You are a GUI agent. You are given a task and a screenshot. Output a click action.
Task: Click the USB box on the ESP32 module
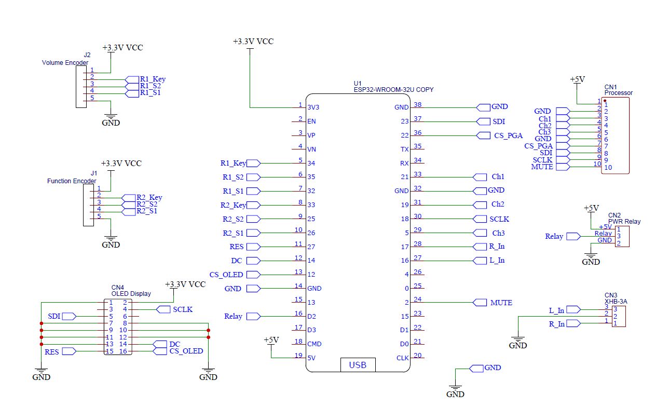coord(358,365)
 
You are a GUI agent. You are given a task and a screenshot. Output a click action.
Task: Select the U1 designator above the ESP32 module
coord(358,84)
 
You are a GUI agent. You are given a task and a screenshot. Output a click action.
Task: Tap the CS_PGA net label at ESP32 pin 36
coord(508,135)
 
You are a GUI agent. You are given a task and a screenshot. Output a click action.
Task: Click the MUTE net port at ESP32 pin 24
coord(480,303)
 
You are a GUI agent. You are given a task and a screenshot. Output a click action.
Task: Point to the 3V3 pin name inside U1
coord(313,107)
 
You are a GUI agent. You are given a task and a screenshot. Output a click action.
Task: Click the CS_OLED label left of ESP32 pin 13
coord(226,275)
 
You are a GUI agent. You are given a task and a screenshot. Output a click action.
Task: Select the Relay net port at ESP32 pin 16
coord(254,316)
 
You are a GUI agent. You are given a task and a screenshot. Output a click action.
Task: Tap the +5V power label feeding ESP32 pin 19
coord(271,340)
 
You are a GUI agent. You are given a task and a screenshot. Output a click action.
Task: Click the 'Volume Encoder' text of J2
coord(65,63)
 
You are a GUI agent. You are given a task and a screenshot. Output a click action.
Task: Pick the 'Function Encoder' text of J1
coord(72,181)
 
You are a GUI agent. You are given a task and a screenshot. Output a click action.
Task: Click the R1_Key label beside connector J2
coord(153,79)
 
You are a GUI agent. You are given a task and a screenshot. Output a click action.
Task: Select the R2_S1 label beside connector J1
coord(147,211)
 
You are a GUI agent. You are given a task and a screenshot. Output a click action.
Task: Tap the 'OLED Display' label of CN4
coord(131,294)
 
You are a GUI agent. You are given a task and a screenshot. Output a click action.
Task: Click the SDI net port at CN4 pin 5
coord(70,316)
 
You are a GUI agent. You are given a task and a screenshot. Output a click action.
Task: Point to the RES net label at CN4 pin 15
coord(52,352)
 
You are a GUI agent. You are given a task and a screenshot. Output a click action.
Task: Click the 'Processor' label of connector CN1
coord(619,93)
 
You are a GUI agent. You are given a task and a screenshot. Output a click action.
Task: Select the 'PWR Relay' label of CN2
coord(624,222)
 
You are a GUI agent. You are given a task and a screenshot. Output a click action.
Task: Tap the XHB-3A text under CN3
coord(616,302)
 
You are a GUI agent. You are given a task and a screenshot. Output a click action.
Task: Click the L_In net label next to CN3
coord(556,310)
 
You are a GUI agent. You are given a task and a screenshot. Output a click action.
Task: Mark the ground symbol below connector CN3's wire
coord(518,339)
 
